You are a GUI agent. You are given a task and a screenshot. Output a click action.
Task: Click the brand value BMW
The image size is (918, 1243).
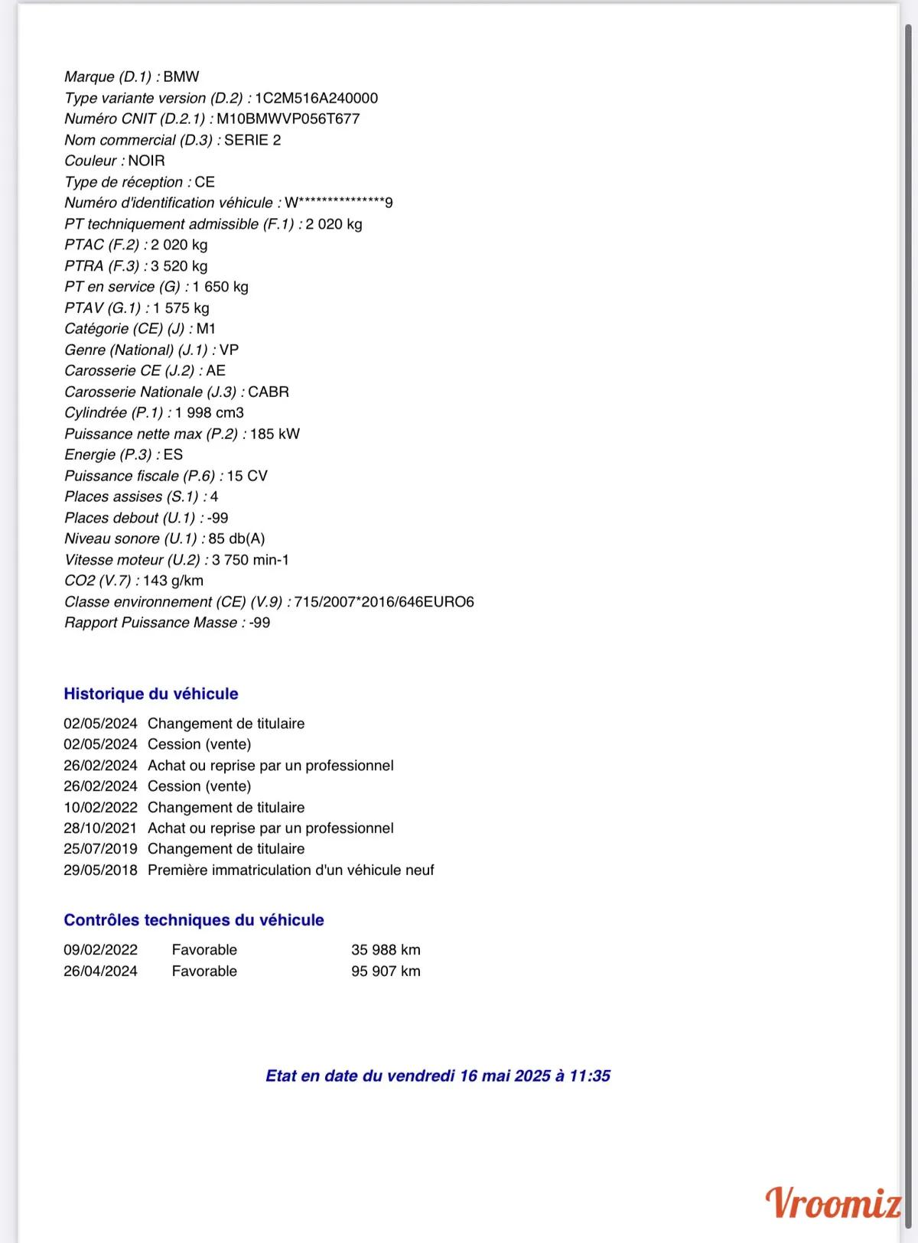click(181, 77)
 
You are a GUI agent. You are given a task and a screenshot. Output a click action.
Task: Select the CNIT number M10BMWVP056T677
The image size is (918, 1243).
click(288, 119)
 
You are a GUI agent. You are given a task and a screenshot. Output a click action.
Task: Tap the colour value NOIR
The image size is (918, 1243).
click(146, 161)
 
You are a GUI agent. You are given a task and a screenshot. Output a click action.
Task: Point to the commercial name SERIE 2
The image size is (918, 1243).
click(252, 141)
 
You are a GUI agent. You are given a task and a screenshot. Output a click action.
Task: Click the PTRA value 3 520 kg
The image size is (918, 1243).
click(179, 266)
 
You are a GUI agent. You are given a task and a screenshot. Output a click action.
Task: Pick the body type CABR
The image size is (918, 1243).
click(269, 392)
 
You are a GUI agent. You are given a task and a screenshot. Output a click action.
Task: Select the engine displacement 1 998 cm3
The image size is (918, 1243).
click(210, 413)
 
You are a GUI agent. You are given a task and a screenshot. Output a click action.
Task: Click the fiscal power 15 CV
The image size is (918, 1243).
click(247, 477)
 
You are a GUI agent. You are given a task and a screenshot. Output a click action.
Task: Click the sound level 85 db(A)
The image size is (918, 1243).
click(236, 539)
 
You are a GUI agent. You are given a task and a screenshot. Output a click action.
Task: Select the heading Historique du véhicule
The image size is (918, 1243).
click(151, 695)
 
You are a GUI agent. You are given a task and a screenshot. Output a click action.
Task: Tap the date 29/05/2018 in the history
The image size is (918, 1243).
click(100, 870)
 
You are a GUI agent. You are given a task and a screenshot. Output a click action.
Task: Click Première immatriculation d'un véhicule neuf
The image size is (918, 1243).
click(291, 870)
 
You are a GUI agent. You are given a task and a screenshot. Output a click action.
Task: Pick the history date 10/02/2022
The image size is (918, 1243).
click(100, 808)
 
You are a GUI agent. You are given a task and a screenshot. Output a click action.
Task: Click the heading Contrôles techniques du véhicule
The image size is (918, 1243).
click(194, 920)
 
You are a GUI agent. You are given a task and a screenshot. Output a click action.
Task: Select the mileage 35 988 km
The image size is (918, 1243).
click(386, 950)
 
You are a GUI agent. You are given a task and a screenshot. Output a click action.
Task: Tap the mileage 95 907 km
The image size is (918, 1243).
click(386, 971)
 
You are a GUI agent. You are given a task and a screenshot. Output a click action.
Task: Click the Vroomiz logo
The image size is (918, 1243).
click(833, 1203)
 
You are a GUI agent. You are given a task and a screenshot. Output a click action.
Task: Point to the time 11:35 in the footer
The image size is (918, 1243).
click(590, 1076)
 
